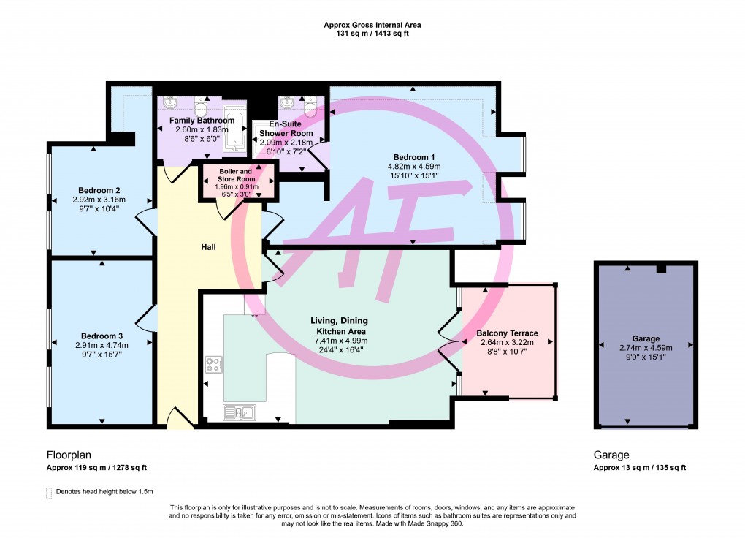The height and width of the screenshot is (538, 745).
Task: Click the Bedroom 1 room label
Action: tap(414, 157)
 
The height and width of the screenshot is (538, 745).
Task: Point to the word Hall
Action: tap(209, 247)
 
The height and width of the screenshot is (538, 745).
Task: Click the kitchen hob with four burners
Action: tap(214, 363)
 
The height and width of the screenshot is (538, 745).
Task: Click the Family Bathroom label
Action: tap(202, 120)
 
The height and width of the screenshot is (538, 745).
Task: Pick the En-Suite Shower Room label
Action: tap(286, 129)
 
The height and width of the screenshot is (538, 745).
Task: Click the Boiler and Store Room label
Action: tap(238, 175)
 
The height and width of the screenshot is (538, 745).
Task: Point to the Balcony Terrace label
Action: tap(507, 333)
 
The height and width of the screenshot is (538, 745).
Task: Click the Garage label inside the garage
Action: tap(646, 338)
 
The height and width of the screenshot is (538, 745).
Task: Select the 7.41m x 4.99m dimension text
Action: tap(340, 341)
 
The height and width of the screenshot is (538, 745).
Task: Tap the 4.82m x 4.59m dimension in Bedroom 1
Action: tap(414, 167)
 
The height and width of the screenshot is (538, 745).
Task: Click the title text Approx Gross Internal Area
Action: tap(372, 25)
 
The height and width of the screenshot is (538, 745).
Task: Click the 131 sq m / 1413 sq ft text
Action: tap(372, 34)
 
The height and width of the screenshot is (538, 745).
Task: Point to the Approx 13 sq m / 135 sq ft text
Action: tap(640, 468)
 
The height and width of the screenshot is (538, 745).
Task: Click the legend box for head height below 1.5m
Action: tap(50, 492)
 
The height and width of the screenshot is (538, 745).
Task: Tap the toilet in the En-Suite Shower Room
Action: tap(310, 107)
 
